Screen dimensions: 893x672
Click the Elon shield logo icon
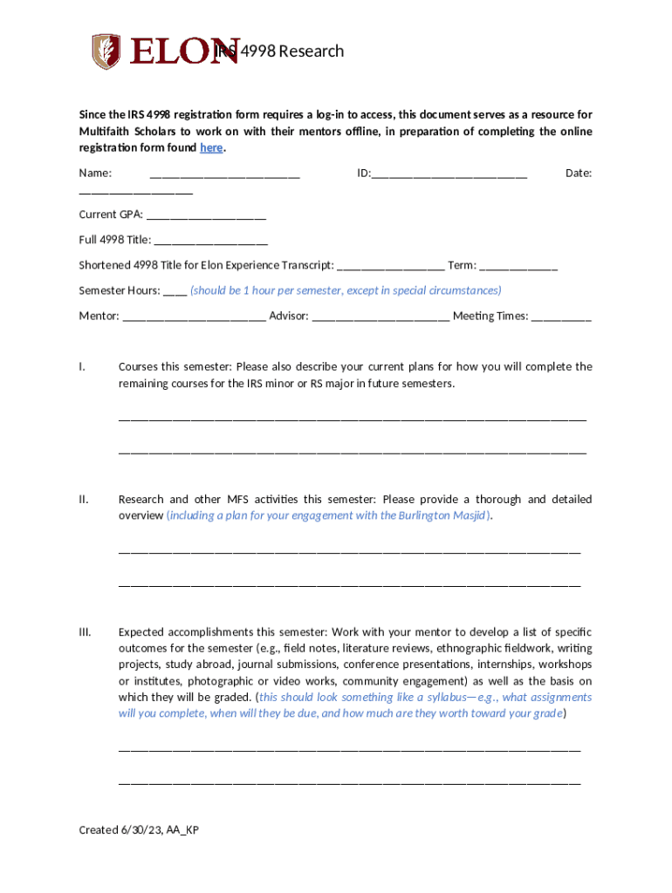[x=106, y=51]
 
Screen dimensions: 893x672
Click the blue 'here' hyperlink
[x=211, y=148]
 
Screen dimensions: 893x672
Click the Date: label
[x=578, y=174]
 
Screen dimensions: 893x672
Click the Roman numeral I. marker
[x=82, y=367]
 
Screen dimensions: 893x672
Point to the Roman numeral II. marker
[x=83, y=500]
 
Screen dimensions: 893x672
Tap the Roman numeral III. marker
[x=85, y=632]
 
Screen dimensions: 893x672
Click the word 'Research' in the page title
[x=312, y=51]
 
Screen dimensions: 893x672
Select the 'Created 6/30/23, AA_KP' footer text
[x=139, y=830]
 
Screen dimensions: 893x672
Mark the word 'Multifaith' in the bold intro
[x=104, y=132]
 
